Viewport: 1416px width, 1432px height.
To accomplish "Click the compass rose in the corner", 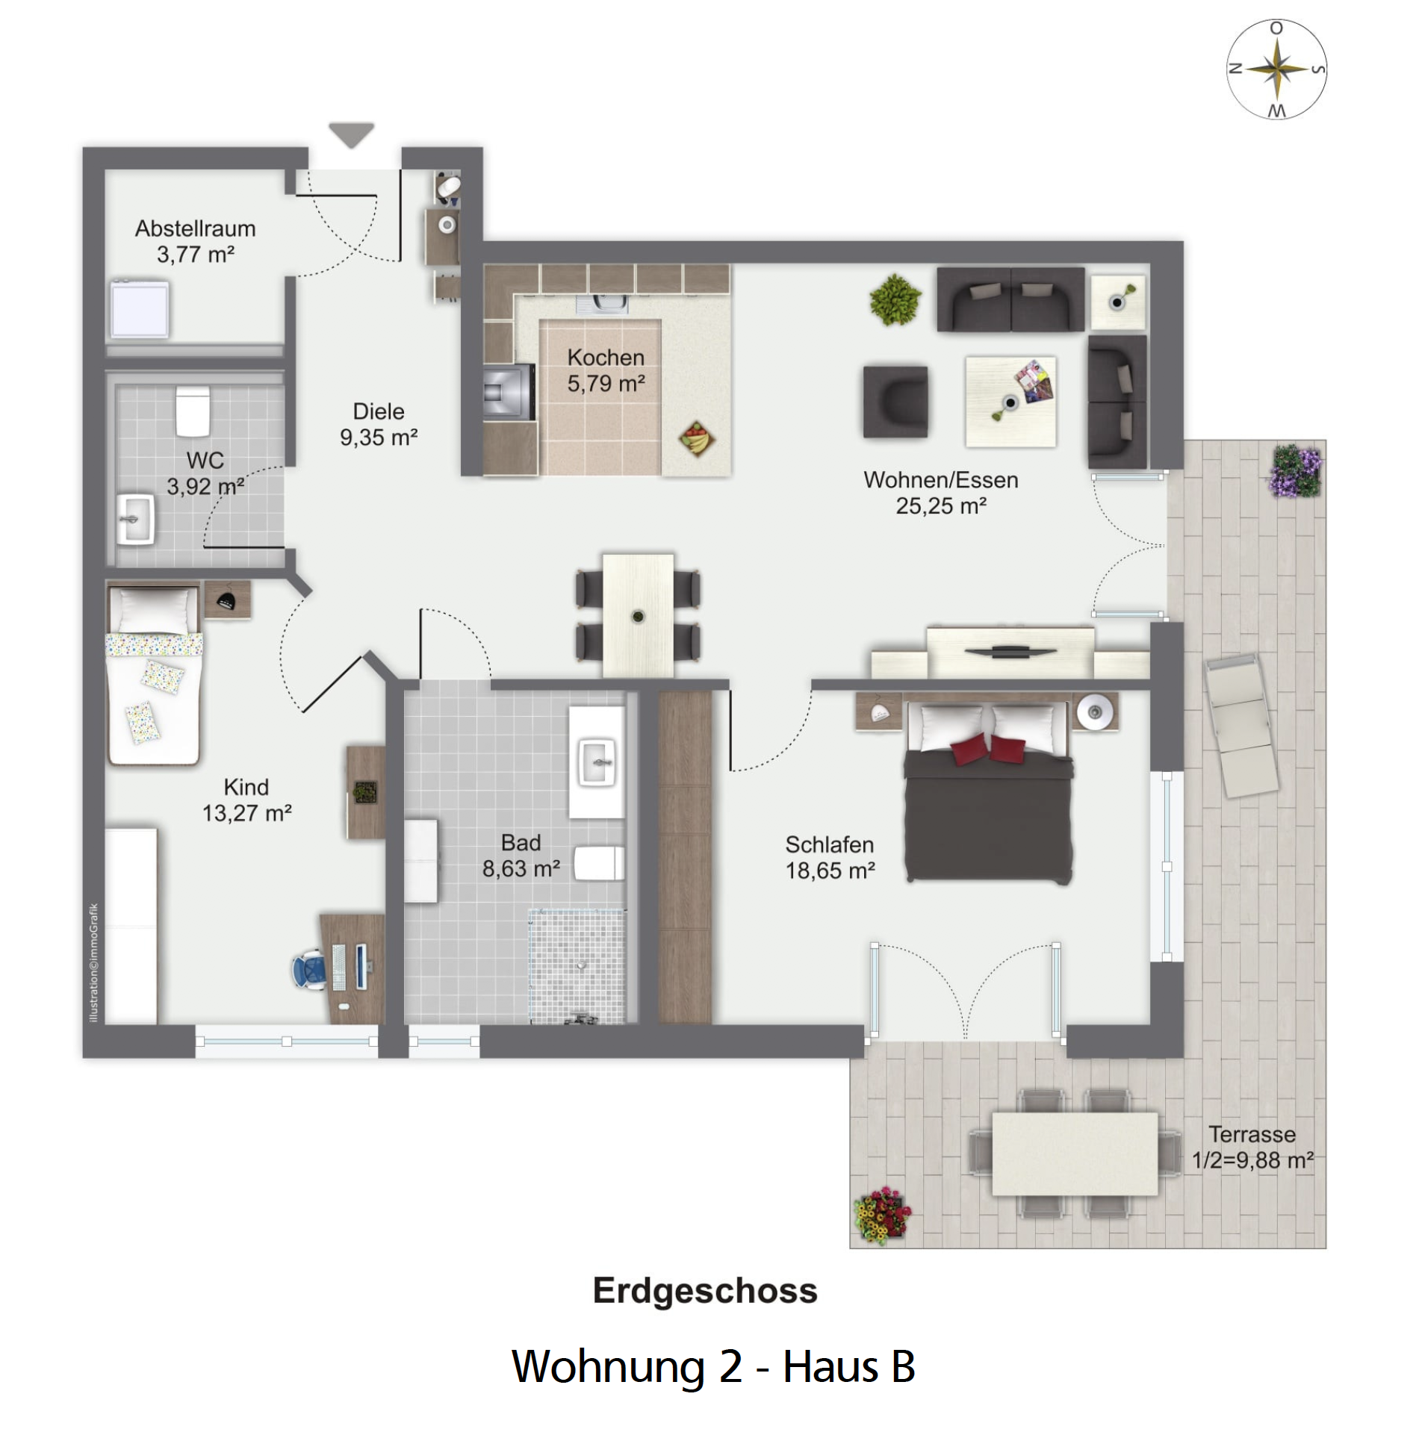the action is (x=1276, y=69).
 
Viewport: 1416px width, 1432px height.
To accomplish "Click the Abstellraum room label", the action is (x=195, y=241).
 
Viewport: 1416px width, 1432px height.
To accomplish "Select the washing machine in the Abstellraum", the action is (x=140, y=308).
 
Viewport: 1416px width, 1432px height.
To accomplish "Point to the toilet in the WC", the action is (x=193, y=411).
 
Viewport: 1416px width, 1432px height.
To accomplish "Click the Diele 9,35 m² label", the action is (x=379, y=424).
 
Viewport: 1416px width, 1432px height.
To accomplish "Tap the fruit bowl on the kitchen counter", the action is (x=696, y=438).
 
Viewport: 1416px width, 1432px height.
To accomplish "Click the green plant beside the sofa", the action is (x=895, y=299).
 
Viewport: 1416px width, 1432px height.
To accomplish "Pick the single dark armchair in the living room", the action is (x=895, y=401).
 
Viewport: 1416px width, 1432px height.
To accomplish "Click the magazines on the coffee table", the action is (x=1034, y=381).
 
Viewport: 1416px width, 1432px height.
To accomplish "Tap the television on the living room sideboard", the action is (x=1010, y=651).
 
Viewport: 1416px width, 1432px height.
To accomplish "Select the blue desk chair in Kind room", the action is (x=309, y=970).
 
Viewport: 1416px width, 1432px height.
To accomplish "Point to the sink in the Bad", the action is (x=597, y=762).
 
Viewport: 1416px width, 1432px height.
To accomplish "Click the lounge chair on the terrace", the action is (x=1241, y=725).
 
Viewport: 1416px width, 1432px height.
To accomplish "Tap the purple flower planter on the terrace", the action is (x=1295, y=470).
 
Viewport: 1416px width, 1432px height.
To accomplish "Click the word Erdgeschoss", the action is (x=705, y=1290).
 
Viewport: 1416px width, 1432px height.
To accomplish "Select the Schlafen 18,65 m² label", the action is (x=830, y=857).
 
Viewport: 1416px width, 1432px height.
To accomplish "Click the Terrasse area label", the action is (x=1252, y=1147).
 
